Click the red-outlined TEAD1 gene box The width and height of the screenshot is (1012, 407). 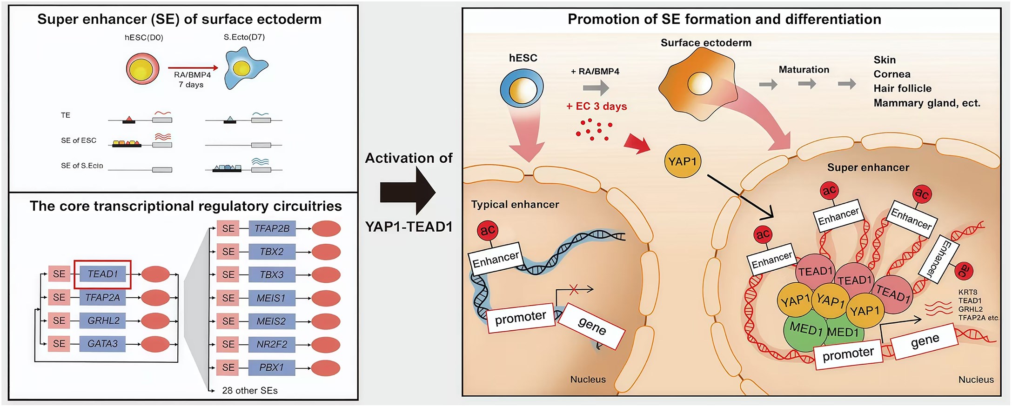click(102, 274)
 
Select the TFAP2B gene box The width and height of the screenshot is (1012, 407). click(272, 228)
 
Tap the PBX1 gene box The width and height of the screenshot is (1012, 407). click(272, 367)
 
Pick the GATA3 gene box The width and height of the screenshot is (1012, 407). click(102, 344)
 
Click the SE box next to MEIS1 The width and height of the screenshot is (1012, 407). click(228, 298)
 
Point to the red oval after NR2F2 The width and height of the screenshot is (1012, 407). click(326, 345)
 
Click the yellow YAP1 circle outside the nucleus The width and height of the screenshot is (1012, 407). click(682, 161)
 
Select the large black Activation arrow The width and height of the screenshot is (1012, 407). click(408, 192)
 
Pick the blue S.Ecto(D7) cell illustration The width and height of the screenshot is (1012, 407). click(244, 69)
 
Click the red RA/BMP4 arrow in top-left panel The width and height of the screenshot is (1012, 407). click(193, 68)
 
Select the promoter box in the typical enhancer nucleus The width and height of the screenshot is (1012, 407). click(521, 318)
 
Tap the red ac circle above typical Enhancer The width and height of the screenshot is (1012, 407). click(487, 230)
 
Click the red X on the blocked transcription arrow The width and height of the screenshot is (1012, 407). click(574, 290)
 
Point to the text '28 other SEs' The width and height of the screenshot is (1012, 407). click(249, 391)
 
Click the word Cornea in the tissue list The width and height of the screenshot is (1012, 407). click(891, 74)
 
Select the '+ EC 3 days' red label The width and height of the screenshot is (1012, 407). click(596, 107)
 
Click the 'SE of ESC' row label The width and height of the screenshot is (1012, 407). click(79, 140)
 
